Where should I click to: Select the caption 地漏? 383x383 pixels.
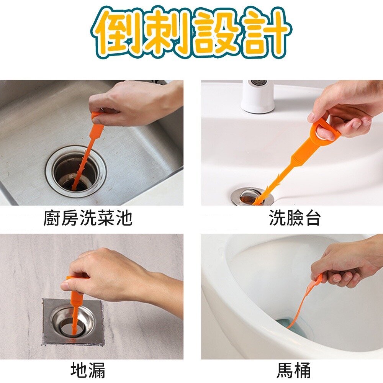point(88,370)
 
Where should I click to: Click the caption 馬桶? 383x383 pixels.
point(294,370)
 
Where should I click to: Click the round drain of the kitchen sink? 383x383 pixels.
point(76,171)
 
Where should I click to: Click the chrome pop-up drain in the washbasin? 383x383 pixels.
point(252,196)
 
